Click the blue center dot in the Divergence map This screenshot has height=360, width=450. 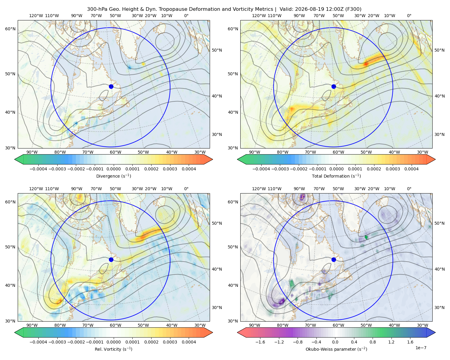111,87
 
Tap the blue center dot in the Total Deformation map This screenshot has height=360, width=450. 334,87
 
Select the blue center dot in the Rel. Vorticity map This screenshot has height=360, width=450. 111,259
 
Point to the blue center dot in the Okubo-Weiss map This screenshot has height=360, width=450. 334,259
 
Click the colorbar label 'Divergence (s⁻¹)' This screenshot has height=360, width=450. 113,176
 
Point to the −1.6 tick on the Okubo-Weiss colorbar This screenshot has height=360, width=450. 260,342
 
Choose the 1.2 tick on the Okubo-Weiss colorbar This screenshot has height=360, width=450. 391,342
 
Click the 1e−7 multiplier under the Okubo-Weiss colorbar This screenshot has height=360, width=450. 421,348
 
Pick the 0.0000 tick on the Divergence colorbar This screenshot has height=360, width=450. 113,169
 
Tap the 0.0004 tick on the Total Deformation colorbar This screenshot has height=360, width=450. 411,169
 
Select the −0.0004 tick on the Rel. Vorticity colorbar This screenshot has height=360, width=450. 38,342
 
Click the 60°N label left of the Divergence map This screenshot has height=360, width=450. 10,29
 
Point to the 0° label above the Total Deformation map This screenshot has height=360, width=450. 409,16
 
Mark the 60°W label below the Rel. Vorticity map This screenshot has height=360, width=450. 115,325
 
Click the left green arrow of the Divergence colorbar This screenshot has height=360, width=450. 19,159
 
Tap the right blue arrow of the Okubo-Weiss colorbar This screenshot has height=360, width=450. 431,332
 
